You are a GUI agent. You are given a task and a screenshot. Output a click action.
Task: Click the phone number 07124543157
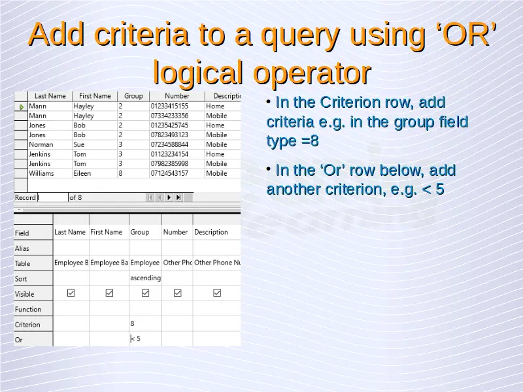[x=169, y=173]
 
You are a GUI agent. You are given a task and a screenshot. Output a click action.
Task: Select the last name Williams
[x=41, y=173]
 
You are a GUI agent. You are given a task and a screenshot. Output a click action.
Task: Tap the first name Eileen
[x=82, y=173]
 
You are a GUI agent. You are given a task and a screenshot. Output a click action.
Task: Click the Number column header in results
[x=177, y=96]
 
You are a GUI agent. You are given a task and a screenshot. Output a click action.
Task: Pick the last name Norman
[x=41, y=144]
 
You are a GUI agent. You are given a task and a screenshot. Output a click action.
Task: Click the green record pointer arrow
[x=22, y=107]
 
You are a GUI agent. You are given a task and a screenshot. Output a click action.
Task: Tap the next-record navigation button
[x=169, y=197]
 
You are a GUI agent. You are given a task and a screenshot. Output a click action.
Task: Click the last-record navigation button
[x=178, y=197]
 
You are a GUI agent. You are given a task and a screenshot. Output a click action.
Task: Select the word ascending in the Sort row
[x=145, y=278]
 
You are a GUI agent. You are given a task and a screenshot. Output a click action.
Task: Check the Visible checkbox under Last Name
[x=71, y=293]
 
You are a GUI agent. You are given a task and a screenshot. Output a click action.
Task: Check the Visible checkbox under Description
[x=217, y=293]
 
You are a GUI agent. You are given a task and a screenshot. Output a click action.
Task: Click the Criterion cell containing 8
[x=145, y=323]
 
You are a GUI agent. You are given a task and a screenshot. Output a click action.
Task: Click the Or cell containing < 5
[x=145, y=338]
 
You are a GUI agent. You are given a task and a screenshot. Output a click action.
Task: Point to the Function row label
[x=28, y=309]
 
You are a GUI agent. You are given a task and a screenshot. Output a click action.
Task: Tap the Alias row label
[x=22, y=248]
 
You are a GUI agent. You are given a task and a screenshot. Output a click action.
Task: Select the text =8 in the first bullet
[x=310, y=141]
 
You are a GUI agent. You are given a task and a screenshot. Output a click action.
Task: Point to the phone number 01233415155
[x=169, y=106]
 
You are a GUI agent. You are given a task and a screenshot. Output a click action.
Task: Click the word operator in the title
[x=312, y=73]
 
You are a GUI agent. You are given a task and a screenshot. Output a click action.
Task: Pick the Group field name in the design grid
[x=139, y=232]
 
